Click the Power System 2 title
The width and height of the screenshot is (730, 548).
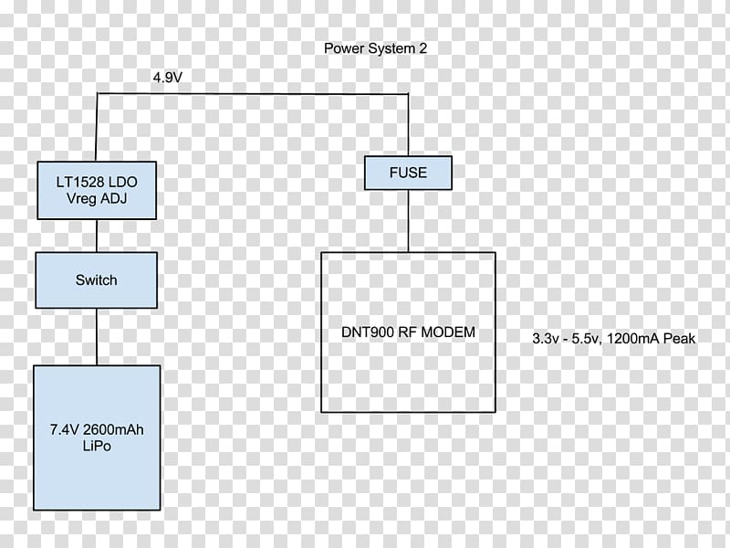click(375, 48)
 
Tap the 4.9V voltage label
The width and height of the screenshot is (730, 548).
click(168, 78)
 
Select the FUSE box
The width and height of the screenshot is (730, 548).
click(408, 173)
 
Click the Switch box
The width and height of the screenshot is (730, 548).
click(97, 280)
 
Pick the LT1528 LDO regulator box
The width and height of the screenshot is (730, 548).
click(97, 191)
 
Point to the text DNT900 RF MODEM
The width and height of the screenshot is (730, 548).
click(408, 332)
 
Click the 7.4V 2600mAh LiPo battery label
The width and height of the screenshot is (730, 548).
click(97, 437)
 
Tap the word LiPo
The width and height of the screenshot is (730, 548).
click(97, 446)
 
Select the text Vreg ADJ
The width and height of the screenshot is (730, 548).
click(97, 198)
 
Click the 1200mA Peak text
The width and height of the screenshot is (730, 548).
click(652, 338)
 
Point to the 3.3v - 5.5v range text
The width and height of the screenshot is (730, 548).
click(567, 338)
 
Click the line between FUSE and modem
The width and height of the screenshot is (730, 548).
click(408, 221)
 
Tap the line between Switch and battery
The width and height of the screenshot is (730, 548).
click(97, 337)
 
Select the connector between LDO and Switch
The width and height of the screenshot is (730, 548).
click(97, 237)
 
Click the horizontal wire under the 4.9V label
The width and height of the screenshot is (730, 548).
click(253, 94)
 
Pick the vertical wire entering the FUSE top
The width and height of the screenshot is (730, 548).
click(408, 125)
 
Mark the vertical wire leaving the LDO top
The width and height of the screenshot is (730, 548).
click(97, 127)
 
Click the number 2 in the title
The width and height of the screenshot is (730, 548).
click(422, 48)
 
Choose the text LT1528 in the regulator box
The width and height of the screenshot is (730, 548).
click(77, 182)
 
